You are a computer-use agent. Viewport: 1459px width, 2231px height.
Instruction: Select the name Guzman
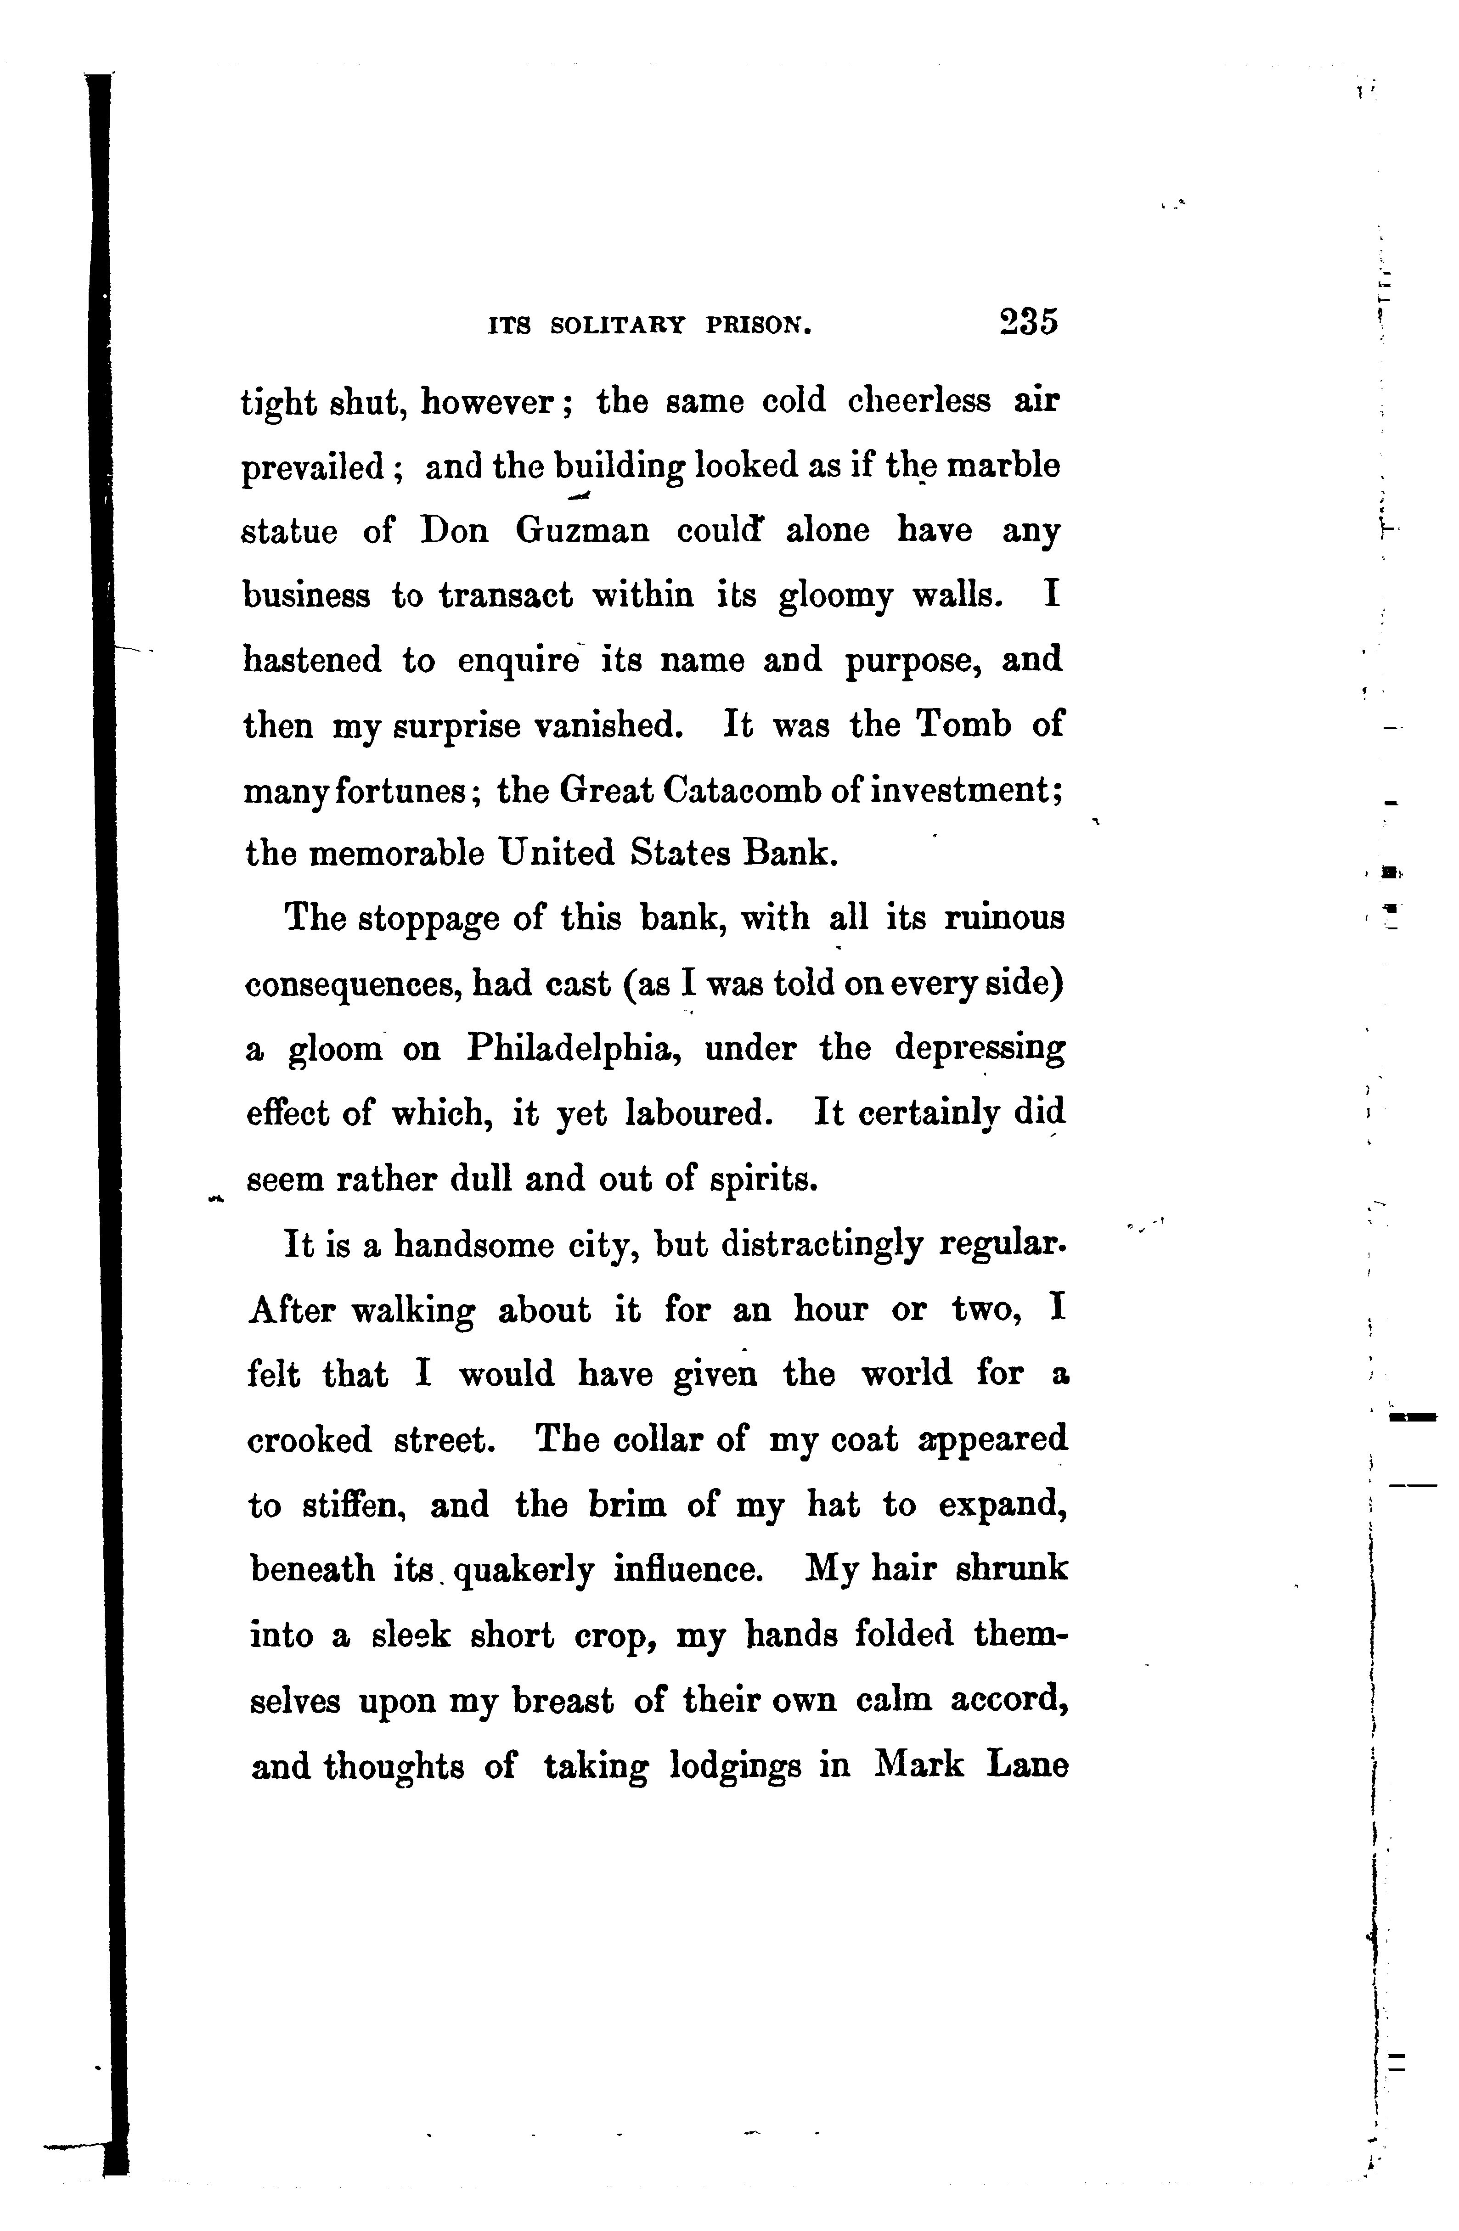[x=582, y=532]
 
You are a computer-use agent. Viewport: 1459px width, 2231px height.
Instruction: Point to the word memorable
[x=397, y=854]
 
